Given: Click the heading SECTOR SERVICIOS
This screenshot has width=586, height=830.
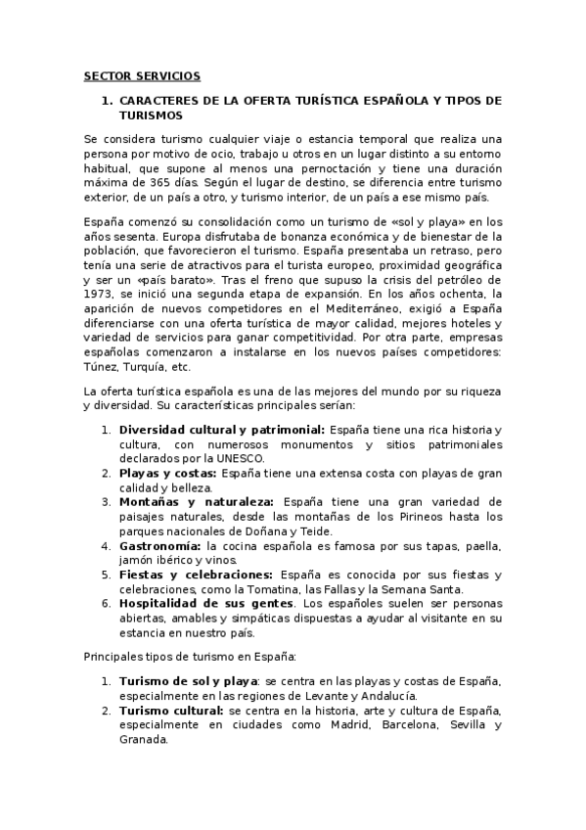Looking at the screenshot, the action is point(142,74).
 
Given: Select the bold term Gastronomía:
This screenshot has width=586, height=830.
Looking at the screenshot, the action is point(161,545).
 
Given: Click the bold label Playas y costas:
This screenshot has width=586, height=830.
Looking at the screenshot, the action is point(168,472).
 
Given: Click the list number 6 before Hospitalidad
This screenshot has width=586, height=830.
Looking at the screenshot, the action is point(106,604).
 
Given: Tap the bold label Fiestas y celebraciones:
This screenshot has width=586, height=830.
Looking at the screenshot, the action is point(196,575).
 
